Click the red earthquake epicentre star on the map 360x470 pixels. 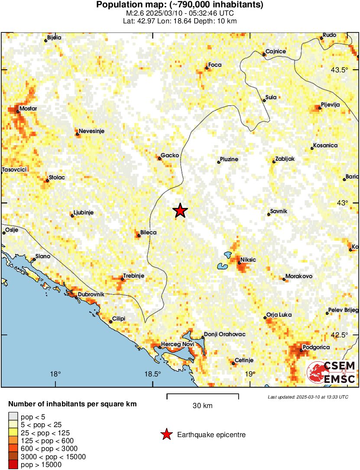click(x=180, y=211)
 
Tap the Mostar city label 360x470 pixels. click(x=28, y=108)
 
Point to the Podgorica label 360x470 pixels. click(x=316, y=347)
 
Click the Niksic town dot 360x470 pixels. click(x=239, y=263)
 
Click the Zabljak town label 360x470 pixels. click(x=285, y=159)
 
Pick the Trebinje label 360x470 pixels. click(x=133, y=276)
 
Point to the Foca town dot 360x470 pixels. click(x=207, y=68)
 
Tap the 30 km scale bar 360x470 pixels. click(x=203, y=395)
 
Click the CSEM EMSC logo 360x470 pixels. click(x=331, y=372)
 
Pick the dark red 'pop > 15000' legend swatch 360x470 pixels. click(x=13, y=465)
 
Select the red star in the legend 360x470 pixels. click(x=166, y=434)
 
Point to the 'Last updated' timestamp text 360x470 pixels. click(x=308, y=397)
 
